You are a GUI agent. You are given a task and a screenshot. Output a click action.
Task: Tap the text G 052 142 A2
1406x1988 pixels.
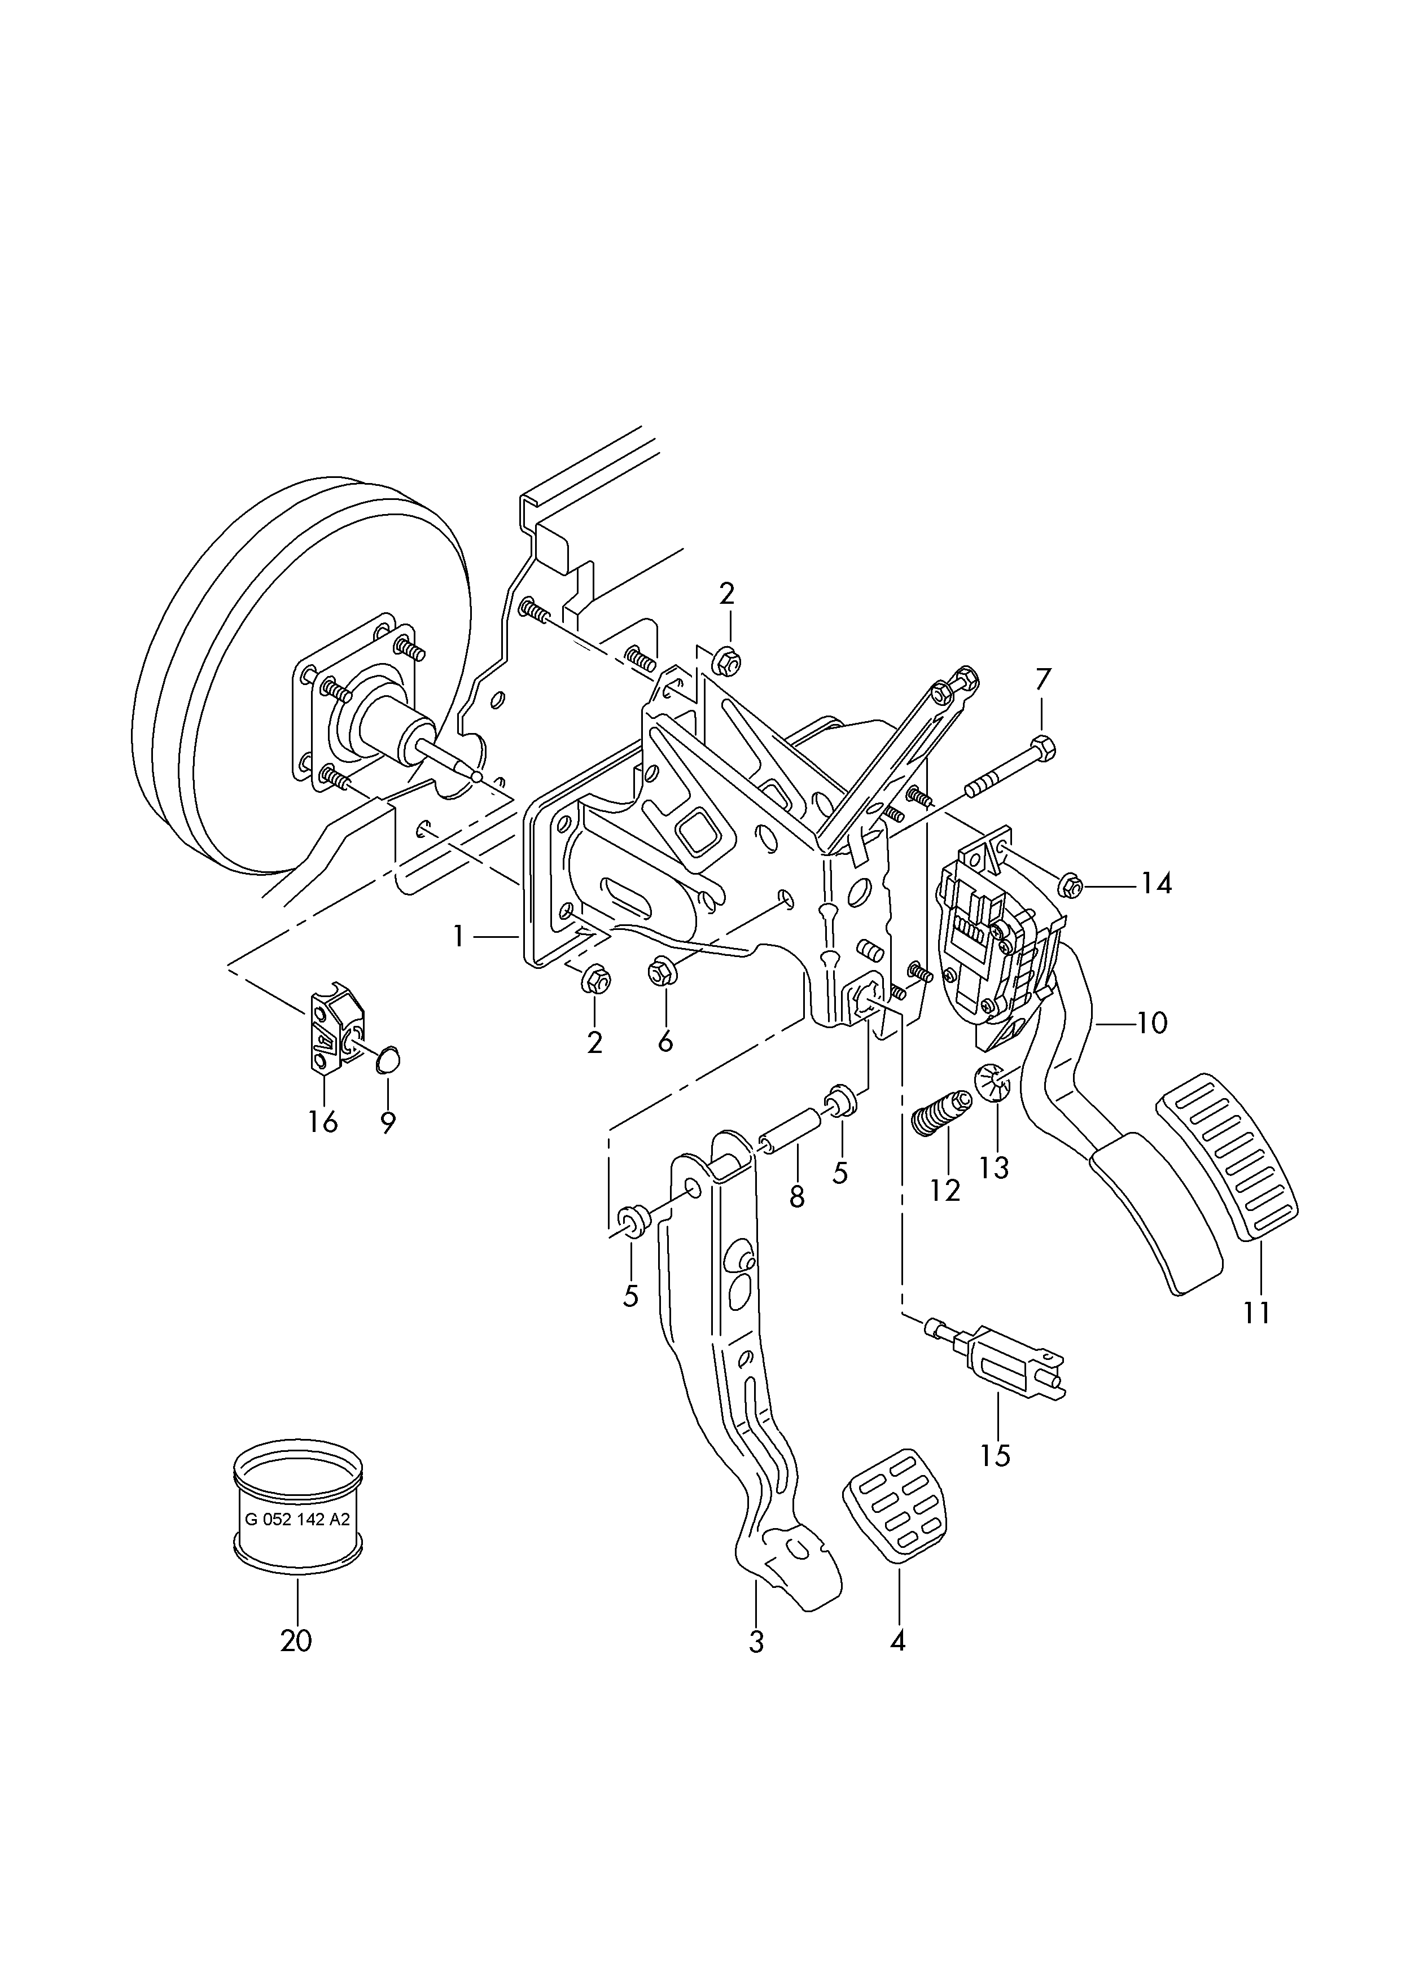click(298, 1520)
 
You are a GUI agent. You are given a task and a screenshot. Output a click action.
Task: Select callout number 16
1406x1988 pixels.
click(322, 1122)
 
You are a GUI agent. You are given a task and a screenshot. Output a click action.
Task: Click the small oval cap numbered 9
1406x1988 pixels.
click(387, 1058)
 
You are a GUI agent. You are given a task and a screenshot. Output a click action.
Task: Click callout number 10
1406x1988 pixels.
click(1151, 1024)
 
